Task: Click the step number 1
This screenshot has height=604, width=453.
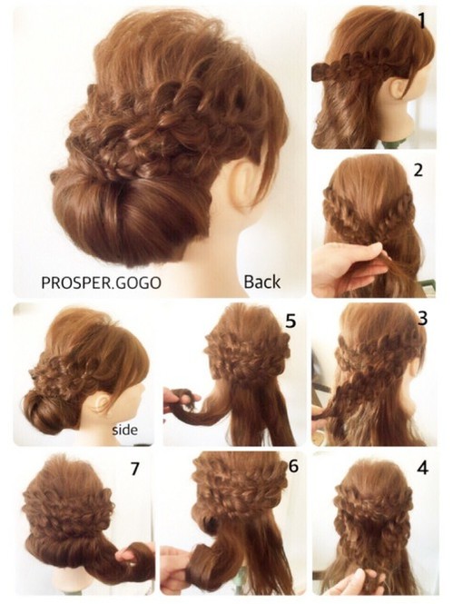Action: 422,20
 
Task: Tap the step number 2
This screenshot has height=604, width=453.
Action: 418,170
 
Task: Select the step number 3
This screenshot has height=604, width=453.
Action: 422,319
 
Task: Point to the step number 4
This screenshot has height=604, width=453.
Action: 422,468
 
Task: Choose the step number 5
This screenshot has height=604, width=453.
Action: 291,321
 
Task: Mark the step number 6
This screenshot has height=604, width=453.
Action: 293,466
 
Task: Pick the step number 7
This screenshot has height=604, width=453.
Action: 134,469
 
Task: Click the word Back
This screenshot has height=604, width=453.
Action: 261,282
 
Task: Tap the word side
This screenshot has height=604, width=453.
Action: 124,429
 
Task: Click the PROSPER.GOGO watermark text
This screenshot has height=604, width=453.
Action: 101,282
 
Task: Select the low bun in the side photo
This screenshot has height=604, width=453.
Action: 44,411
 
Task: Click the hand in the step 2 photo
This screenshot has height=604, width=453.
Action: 347,270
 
